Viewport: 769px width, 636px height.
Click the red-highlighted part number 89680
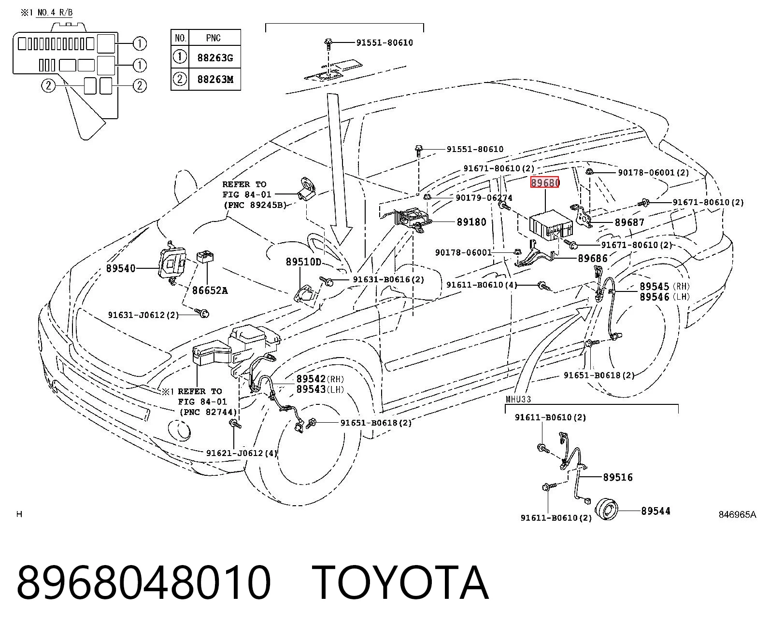(545, 182)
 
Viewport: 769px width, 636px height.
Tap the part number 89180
(471, 222)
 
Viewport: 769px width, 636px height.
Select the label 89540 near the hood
(121, 268)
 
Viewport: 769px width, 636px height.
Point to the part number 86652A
(210, 290)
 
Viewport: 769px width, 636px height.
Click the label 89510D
(303, 262)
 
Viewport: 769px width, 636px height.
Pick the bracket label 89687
(629, 222)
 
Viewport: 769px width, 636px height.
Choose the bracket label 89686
(593, 258)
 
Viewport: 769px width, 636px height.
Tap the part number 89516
(618, 477)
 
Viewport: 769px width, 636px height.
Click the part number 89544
(655, 511)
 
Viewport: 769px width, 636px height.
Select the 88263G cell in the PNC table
(215, 58)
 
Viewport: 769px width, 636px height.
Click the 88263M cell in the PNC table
(215, 79)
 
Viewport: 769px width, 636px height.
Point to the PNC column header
(213, 38)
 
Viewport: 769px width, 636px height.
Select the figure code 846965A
(737, 514)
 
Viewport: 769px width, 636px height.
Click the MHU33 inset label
(518, 399)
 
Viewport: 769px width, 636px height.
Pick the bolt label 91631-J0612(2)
(143, 315)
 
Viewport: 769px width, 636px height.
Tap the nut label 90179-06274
(484, 198)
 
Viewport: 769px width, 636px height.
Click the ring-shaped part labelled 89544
(606, 509)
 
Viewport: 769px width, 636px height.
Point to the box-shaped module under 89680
(551, 225)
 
